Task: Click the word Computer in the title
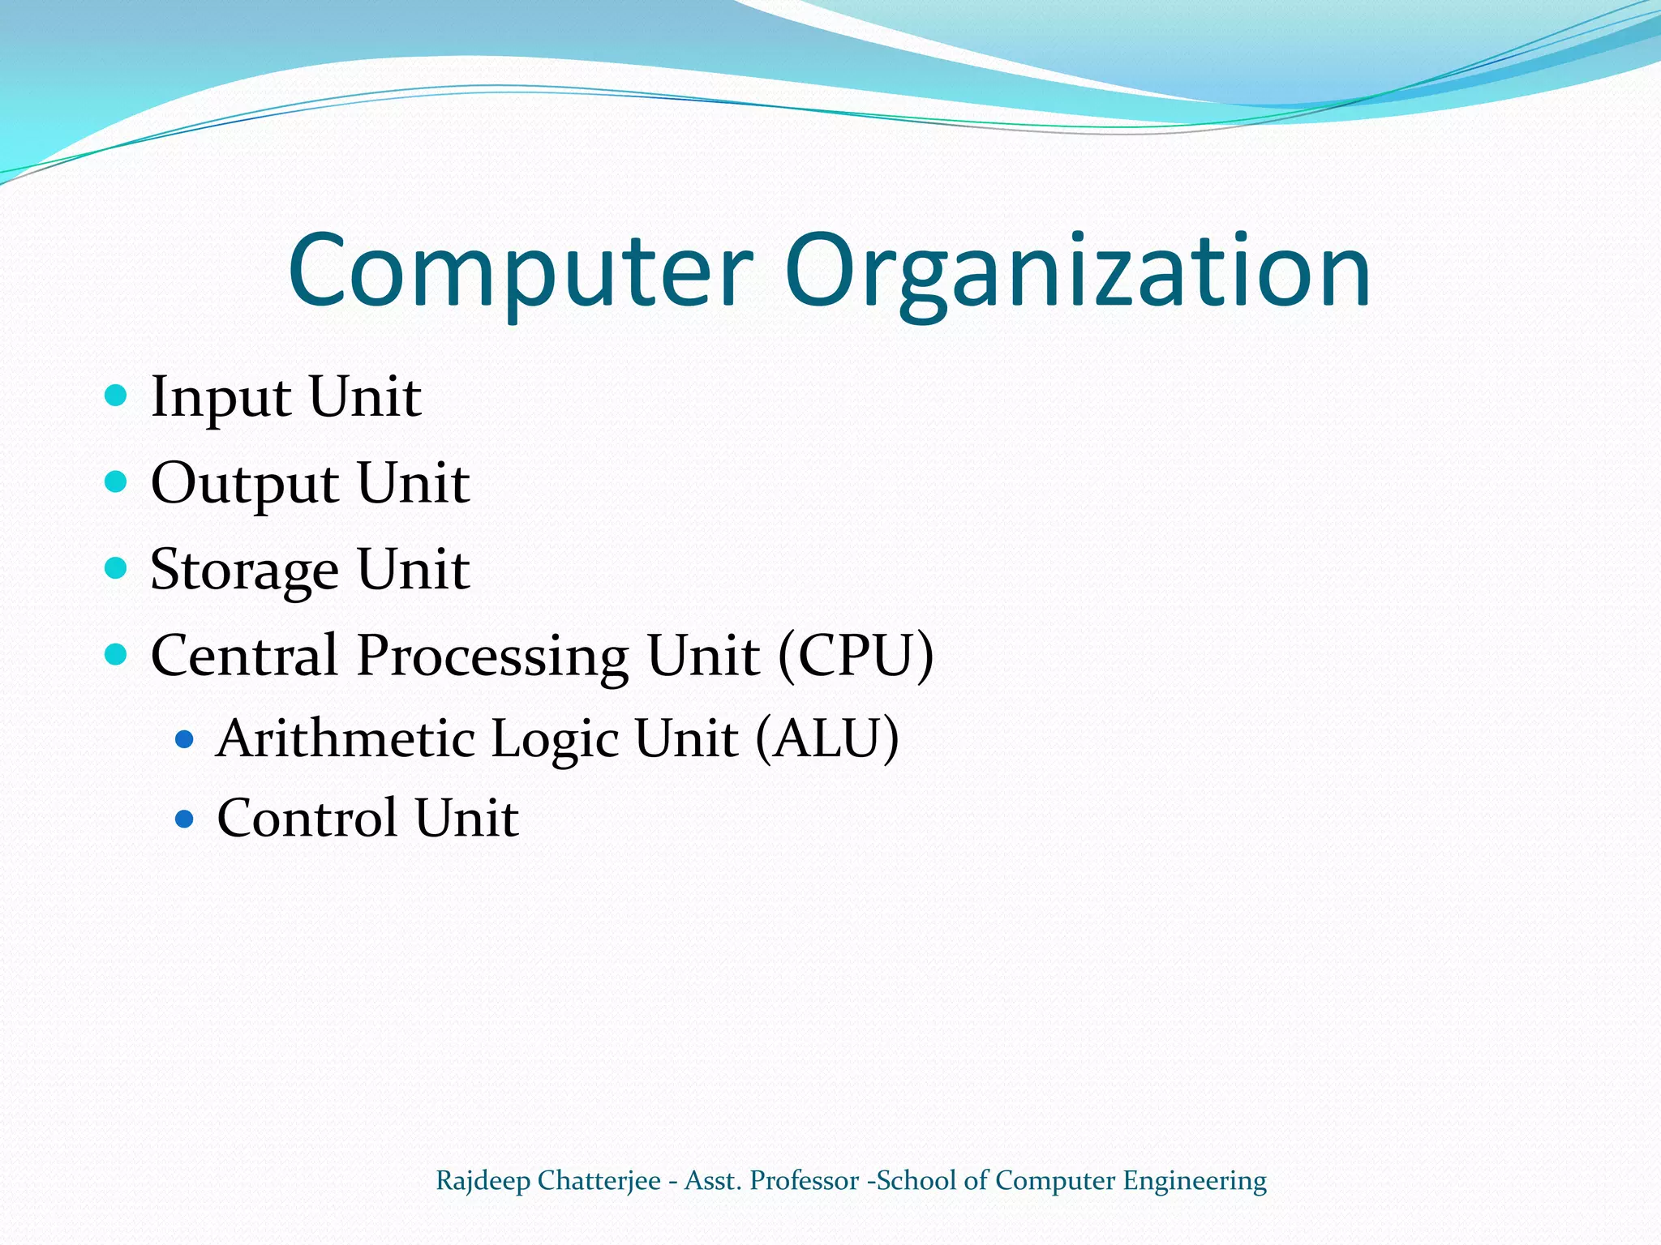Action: [x=520, y=272]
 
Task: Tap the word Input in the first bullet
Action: [x=221, y=398]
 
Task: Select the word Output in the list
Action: [x=245, y=484]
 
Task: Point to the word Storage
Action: [x=244, y=570]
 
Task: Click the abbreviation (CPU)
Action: [x=856, y=655]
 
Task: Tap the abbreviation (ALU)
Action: [x=826, y=738]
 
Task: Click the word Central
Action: [x=244, y=655]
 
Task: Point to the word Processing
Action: [x=492, y=657]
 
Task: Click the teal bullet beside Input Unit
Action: [x=117, y=396]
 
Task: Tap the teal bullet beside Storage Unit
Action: [x=117, y=567]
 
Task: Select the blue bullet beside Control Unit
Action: [x=185, y=819]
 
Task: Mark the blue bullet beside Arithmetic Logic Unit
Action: [x=185, y=739]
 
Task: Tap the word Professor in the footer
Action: [x=804, y=1180]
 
